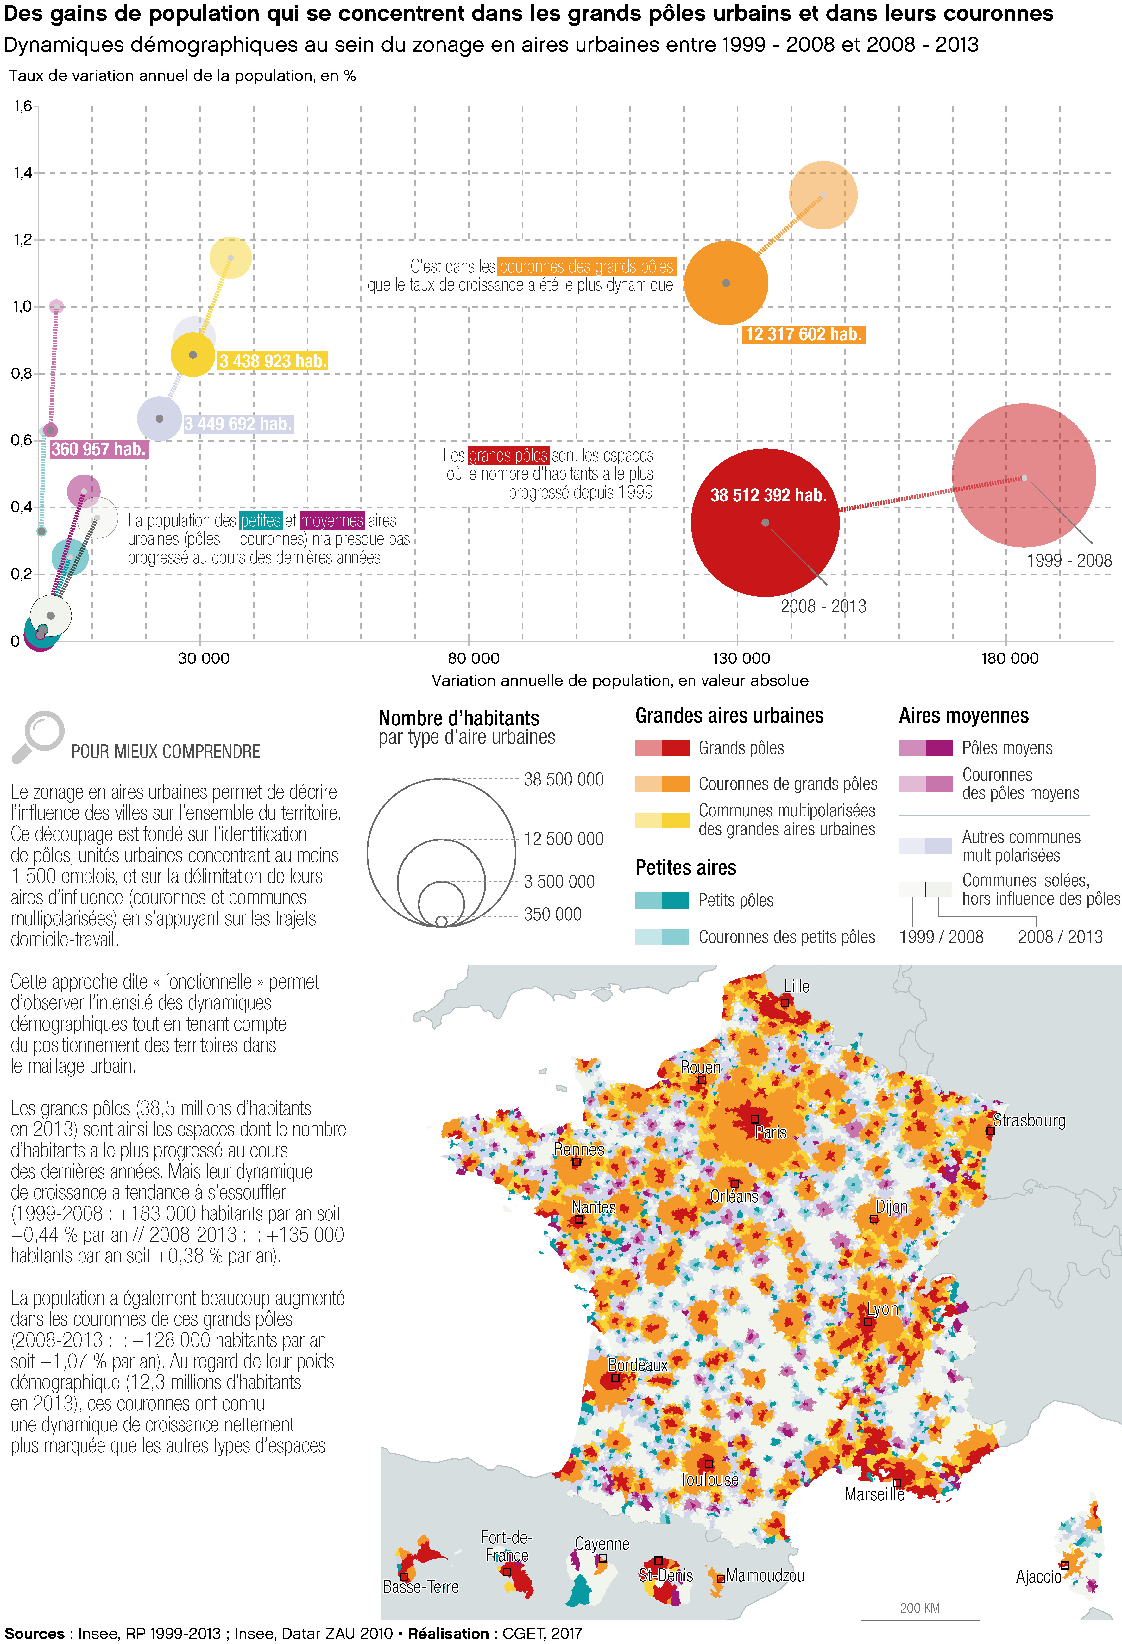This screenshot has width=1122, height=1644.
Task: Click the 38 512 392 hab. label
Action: pos(768,495)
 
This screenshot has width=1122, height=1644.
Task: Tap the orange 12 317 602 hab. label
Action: pos(804,335)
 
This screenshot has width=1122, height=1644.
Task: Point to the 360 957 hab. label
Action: pos(98,449)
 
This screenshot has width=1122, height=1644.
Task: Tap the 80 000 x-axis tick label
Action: pos(474,659)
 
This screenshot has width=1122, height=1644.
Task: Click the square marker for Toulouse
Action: pos(709,1464)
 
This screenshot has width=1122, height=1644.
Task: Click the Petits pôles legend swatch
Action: pos(662,901)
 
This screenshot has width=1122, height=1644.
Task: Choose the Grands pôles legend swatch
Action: pos(662,748)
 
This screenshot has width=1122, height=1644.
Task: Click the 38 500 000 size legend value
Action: pos(564,779)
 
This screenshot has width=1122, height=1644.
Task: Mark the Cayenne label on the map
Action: pos(602,1543)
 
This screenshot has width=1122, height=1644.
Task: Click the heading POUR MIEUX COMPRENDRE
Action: pos(166,751)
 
